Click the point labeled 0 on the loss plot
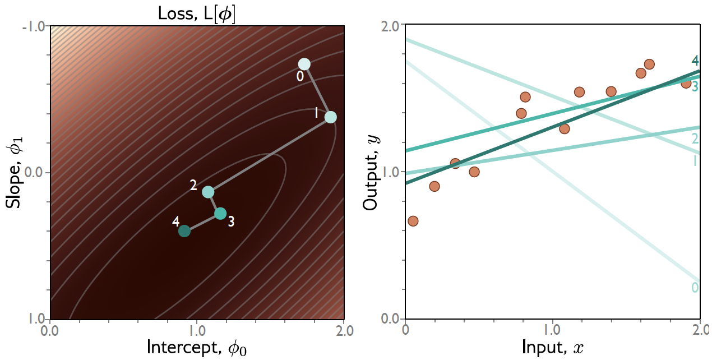click(304, 64)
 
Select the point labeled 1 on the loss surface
click(331, 117)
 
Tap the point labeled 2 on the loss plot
click(208, 192)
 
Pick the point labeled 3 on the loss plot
click(220, 214)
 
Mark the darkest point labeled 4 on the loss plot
click(184, 231)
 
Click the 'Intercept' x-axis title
click(197, 347)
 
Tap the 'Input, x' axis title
click(553, 347)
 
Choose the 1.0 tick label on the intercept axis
click(197, 330)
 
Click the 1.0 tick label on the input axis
click(553, 330)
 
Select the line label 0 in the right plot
click(695, 288)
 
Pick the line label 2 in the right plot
click(695, 139)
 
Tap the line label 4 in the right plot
click(695, 61)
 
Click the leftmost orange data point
click(413, 221)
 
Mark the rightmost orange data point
click(686, 83)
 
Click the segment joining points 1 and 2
click(269, 155)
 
